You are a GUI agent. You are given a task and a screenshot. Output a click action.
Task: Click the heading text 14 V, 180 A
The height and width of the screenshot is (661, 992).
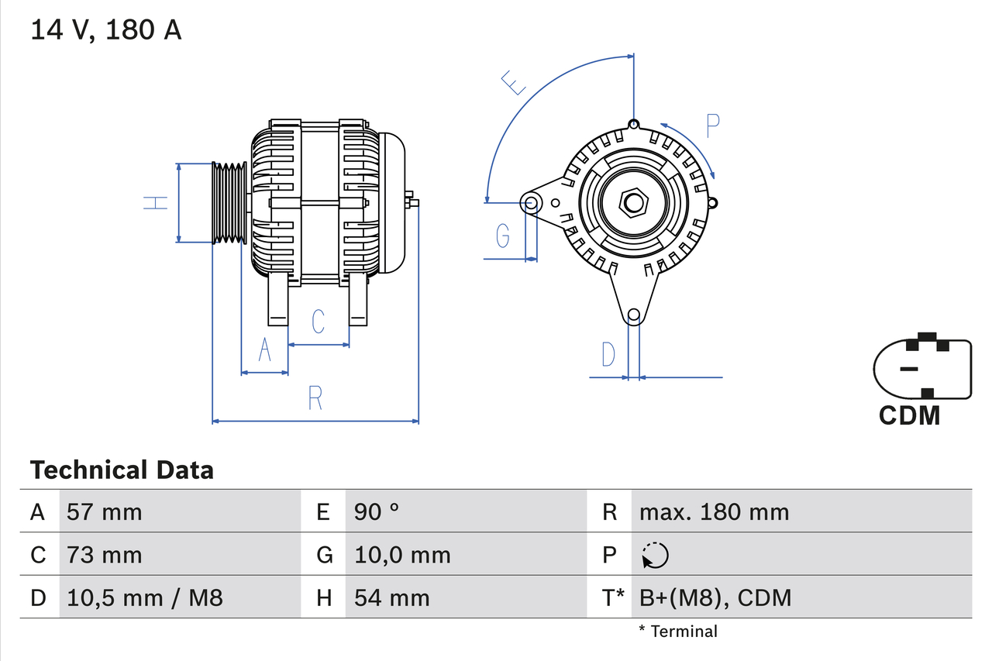pyautogui.click(x=106, y=30)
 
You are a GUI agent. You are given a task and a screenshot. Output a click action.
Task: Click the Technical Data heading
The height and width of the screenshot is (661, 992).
pyautogui.click(x=122, y=470)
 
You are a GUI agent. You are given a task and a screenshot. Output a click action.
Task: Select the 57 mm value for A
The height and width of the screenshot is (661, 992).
pyautogui.click(x=105, y=511)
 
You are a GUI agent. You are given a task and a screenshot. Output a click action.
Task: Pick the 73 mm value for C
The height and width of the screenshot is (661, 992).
pyautogui.click(x=105, y=555)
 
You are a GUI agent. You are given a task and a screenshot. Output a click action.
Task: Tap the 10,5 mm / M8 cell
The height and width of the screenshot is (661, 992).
pyautogui.click(x=145, y=597)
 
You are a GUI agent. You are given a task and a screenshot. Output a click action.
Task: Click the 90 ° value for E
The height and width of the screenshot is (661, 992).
pyautogui.click(x=377, y=511)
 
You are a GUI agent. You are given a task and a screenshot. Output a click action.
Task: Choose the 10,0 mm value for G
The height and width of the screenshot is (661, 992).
pyautogui.click(x=402, y=555)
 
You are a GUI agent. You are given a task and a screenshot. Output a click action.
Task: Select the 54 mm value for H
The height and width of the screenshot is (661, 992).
pyautogui.click(x=391, y=597)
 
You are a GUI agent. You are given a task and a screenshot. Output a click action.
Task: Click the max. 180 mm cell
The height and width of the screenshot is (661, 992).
pyautogui.click(x=714, y=511)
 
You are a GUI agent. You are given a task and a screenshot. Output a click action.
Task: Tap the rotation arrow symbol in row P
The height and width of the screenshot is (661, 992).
pyautogui.click(x=655, y=555)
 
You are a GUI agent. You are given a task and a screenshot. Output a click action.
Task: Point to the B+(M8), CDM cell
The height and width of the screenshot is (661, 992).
pyautogui.click(x=715, y=597)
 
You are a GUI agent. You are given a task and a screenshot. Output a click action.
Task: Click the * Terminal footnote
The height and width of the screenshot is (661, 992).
pyautogui.click(x=678, y=632)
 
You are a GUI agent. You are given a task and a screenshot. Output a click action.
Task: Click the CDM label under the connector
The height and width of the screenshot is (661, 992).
pyautogui.click(x=909, y=415)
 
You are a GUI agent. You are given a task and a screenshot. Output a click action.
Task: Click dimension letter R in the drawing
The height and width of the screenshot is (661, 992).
pyautogui.click(x=315, y=398)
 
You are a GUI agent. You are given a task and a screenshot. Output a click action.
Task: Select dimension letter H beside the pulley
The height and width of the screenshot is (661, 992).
pyautogui.click(x=156, y=202)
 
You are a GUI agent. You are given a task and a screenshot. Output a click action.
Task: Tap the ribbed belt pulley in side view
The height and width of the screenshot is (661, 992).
pyautogui.click(x=229, y=202)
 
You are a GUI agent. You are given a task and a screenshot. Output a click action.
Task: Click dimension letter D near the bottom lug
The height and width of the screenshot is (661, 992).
pyautogui.click(x=608, y=354)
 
